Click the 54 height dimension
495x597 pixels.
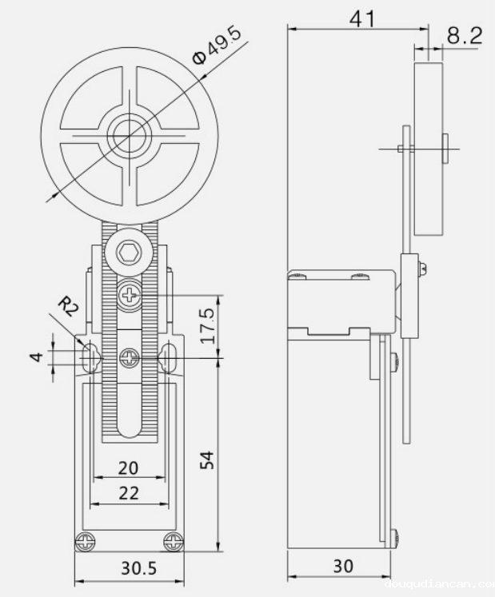[x=206, y=459]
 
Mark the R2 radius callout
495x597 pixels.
[x=67, y=305]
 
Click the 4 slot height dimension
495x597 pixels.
[x=36, y=354]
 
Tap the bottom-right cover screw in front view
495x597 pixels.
[x=172, y=542]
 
